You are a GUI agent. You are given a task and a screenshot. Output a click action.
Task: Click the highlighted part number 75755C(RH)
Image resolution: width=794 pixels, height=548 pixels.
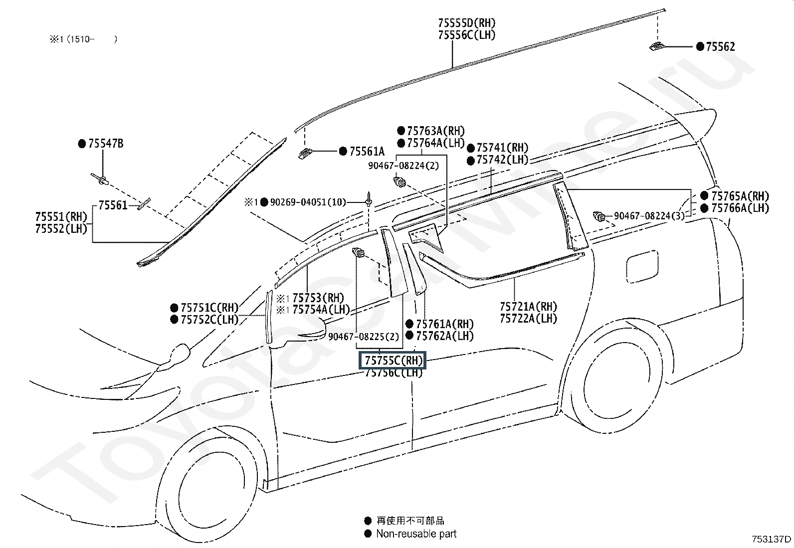[394, 361]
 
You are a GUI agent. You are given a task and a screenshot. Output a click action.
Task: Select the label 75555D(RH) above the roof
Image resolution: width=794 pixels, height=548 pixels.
[466, 23]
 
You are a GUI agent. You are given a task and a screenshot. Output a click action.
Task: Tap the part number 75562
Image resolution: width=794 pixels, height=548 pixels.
[720, 46]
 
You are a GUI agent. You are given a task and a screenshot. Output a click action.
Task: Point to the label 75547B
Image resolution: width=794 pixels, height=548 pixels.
[106, 144]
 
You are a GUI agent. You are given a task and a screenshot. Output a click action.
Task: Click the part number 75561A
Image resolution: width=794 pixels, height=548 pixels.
[367, 152]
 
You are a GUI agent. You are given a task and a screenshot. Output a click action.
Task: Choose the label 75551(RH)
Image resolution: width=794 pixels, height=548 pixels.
[61, 216]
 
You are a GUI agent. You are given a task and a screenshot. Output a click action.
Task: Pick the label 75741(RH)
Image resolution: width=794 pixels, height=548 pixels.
[502, 148]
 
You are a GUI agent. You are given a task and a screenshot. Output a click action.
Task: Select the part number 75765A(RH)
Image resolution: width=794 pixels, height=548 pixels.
[740, 196]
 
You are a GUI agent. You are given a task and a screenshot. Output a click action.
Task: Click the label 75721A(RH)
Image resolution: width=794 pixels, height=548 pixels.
[528, 306]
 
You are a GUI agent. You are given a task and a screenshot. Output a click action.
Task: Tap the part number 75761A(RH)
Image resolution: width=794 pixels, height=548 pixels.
[445, 324]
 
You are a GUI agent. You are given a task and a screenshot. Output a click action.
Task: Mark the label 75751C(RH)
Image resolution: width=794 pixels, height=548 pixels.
[210, 307]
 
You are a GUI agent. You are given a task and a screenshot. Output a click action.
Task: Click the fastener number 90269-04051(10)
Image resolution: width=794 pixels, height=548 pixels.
[308, 202]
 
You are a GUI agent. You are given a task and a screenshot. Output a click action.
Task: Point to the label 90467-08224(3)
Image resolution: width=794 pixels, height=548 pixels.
[649, 216]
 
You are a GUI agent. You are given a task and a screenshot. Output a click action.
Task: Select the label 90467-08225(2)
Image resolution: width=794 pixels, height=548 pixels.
[364, 337]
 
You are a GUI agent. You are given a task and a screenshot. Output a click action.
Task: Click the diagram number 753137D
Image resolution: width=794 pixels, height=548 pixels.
[772, 539]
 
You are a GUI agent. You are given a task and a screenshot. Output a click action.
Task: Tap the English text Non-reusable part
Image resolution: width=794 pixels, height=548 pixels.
[416, 534]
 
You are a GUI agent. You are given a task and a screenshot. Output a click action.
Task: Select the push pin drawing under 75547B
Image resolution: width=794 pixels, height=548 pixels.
[99, 179]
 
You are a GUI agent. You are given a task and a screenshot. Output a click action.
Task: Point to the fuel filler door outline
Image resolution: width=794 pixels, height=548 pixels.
[642, 266]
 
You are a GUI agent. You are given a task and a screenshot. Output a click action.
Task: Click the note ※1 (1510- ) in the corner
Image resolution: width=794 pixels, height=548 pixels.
[83, 39]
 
